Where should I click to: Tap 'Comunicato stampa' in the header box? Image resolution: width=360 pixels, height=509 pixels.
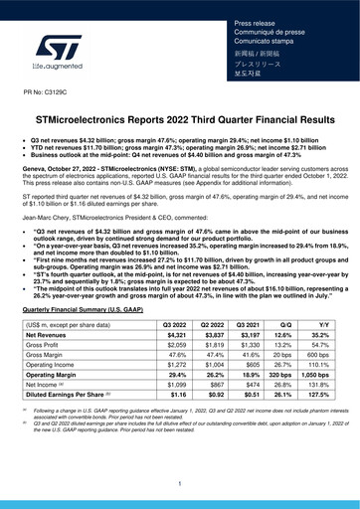point(258,43)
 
